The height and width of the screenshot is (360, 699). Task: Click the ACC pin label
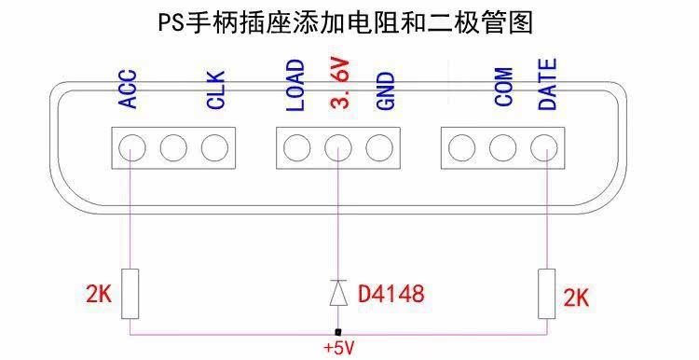click(128, 89)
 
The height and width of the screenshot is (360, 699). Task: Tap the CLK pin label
click(216, 90)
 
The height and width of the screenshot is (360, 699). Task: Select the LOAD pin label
click(295, 85)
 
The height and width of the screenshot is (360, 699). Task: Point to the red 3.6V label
click(339, 83)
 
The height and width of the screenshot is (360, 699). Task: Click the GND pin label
click(386, 91)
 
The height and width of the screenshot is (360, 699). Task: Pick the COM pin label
click(503, 87)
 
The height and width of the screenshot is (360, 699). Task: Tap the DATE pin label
click(548, 84)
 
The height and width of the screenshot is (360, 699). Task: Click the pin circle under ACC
click(132, 147)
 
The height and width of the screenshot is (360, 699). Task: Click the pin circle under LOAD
click(297, 147)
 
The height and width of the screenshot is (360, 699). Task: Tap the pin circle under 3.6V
click(338, 147)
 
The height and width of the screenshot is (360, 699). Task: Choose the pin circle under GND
click(379, 147)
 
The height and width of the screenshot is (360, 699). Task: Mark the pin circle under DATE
click(544, 147)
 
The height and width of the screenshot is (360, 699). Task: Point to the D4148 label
click(391, 294)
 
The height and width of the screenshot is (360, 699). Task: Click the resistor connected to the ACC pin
click(130, 294)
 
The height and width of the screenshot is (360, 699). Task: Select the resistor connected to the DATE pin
click(546, 294)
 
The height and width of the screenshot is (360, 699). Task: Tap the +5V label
click(339, 348)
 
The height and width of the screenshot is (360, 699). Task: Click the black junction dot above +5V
click(338, 332)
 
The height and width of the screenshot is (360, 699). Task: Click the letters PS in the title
click(171, 23)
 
